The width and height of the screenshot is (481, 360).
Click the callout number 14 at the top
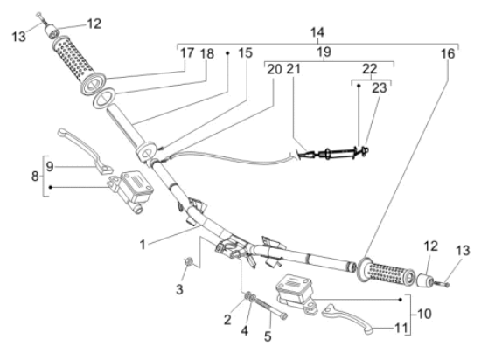pos(317,32)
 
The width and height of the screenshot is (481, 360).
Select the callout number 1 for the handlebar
pos(143,245)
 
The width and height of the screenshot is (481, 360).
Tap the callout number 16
pos(448,53)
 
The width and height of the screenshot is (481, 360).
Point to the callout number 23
pos(380,88)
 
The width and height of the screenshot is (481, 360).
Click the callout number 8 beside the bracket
pos(35,177)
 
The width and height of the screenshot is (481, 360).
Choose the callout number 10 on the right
pos(424,314)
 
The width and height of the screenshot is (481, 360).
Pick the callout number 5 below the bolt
pos(268,336)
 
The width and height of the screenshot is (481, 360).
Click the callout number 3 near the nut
pos(179,289)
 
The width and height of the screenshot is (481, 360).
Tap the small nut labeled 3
pos(189,261)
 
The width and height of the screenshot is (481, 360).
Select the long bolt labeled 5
pos(270,308)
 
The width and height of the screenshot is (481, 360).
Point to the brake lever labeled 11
pos(350,317)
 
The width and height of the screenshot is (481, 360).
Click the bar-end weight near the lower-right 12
pos(425,280)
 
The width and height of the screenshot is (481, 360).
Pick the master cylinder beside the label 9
pos(131,191)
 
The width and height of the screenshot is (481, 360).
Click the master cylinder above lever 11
pos(296,294)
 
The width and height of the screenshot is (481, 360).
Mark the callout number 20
pos(275,69)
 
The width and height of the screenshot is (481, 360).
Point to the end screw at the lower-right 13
pos(442,284)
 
